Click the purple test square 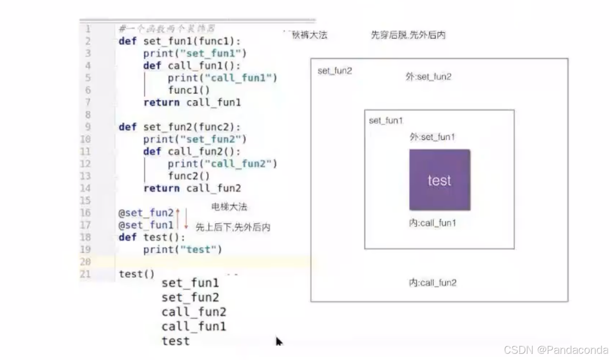[439, 180]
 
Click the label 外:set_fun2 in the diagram [428, 77]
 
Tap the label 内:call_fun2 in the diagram [432, 283]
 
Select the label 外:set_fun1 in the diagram [432, 137]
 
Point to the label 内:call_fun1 [432, 223]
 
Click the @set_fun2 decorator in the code [146, 213]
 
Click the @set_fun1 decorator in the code [146, 225]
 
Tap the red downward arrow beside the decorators [186, 219]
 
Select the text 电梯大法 [229, 207]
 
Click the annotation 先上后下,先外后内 [233, 227]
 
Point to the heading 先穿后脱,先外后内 [408, 35]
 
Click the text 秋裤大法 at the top [309, 35]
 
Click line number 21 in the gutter [85, 274]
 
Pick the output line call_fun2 [193, 312]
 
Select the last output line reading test [175, 341]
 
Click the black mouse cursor [279, 341]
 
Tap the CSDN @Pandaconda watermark [556, 350]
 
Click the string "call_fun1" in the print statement [244, 78]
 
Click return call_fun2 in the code [192, 188]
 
